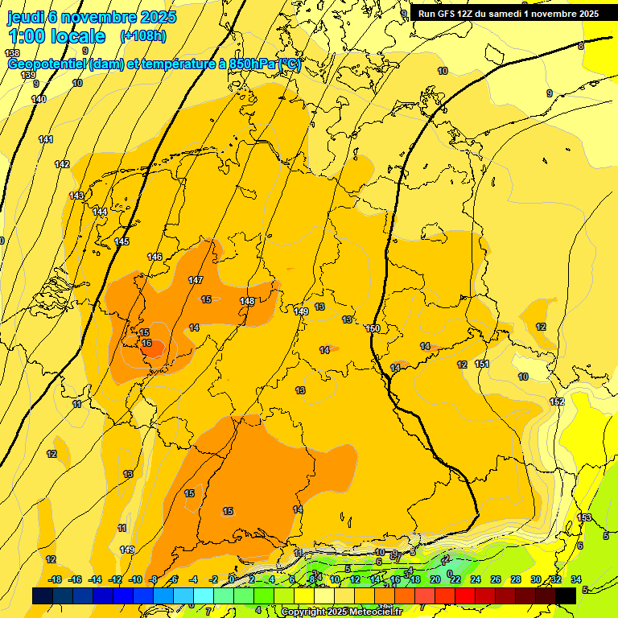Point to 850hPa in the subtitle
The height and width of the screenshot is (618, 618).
pyautogui.click(x=249, y=64)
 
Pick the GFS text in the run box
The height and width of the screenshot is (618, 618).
pyautogui.click(x=448, y=14)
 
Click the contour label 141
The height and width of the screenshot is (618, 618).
pyautogui.click(x=46, y=139)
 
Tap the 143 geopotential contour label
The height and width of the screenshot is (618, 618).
pyautogui.click(x=76, y=196)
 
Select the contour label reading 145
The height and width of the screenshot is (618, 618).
pyautogui.click(x=122, y=241)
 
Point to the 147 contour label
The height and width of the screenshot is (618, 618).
pyautogui.click(x=196, y=280)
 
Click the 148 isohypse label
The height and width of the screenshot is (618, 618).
pyautogui.click(x=247, y=302)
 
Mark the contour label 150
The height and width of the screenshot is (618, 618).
pyautogui.click(x=373, y=328)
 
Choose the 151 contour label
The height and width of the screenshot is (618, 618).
pyautogui.click(x=482, y=364)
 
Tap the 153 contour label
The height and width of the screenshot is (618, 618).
pyautogui.click(x=585, y=517)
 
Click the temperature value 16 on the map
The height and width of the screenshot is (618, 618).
pyautogui.click(x=146, y=343)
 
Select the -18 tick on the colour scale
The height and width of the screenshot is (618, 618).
pyautogui.click(x=56, y=579)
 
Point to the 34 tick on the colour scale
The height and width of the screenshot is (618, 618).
pyautogui.click(x=576, y=579)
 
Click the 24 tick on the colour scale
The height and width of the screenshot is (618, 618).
pyautogui.click(x=476, y=579)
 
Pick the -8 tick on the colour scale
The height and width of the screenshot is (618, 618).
pyautogui.click(x=153, y=579)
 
